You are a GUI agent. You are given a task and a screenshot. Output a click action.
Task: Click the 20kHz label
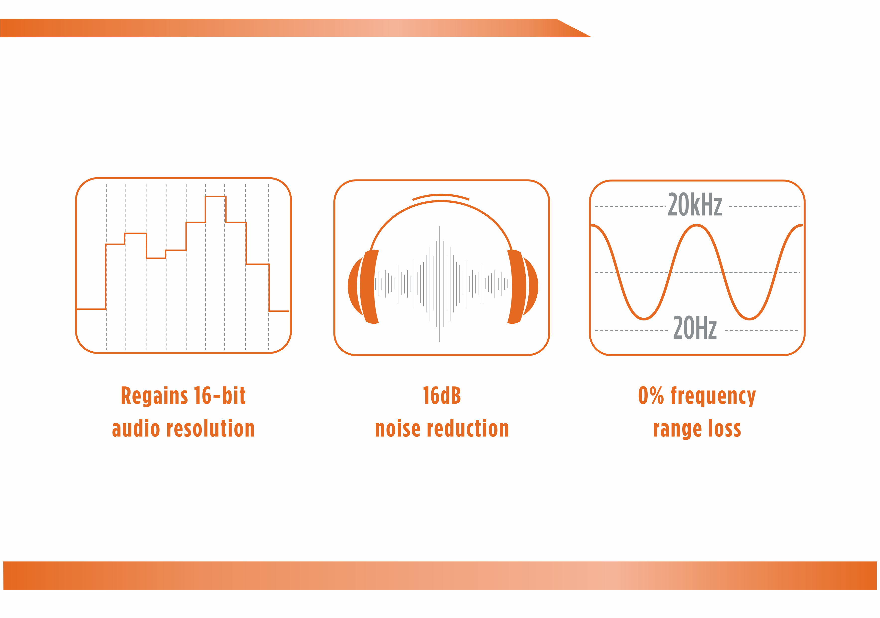pos(695,205)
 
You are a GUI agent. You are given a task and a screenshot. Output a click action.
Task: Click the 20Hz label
pos(695,328)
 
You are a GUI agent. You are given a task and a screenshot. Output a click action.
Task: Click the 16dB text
pos(441,396)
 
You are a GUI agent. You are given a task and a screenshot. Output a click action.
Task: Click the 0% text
pos(651,396)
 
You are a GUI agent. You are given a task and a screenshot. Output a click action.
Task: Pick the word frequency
pos(713,397)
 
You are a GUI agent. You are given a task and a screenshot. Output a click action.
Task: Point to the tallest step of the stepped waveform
pos(215,196)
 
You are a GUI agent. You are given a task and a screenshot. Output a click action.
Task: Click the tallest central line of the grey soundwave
pos(439,284)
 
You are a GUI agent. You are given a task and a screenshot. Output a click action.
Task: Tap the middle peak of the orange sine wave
pos(696,226)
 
